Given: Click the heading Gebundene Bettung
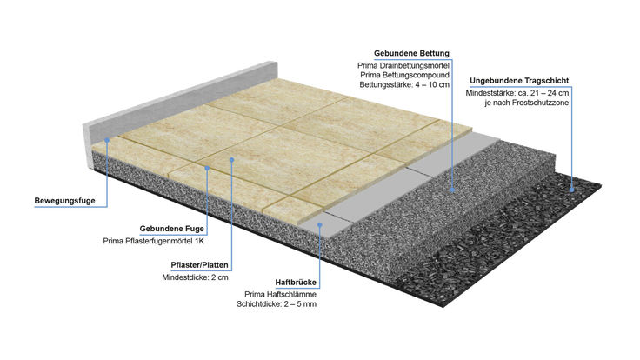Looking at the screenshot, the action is click(411, 53).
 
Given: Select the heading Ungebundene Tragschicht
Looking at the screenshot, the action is click(519, 81).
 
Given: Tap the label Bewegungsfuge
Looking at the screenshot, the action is click(64, 201).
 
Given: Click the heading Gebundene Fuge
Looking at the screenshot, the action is click(172, 229).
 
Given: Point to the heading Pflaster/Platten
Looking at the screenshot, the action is click(200, 265).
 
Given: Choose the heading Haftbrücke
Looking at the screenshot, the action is click(296, 283).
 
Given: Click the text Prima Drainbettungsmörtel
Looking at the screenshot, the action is click(403, 66).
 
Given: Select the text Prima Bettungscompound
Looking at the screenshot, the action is click(404, 75).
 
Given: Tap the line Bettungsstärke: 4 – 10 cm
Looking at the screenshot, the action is click(404, 85).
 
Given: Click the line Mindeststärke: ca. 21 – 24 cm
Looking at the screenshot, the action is click(517, 93).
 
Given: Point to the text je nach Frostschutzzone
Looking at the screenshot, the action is click(527, 103).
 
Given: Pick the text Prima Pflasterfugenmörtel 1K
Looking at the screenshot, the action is click(153, 241).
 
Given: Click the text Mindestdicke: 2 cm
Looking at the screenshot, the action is click(195, 277).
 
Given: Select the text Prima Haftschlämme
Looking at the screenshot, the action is click(280, 294).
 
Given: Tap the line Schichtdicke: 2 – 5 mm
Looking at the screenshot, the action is click(277, 304).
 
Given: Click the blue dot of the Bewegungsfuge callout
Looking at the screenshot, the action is click(107, 140).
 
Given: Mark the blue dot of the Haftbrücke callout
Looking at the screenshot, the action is click(320, 224).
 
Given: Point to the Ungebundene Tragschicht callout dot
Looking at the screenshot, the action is click(572, 190).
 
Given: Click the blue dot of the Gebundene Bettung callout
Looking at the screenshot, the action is click(452, 190).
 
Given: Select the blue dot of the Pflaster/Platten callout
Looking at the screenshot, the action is click(231, 160).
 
